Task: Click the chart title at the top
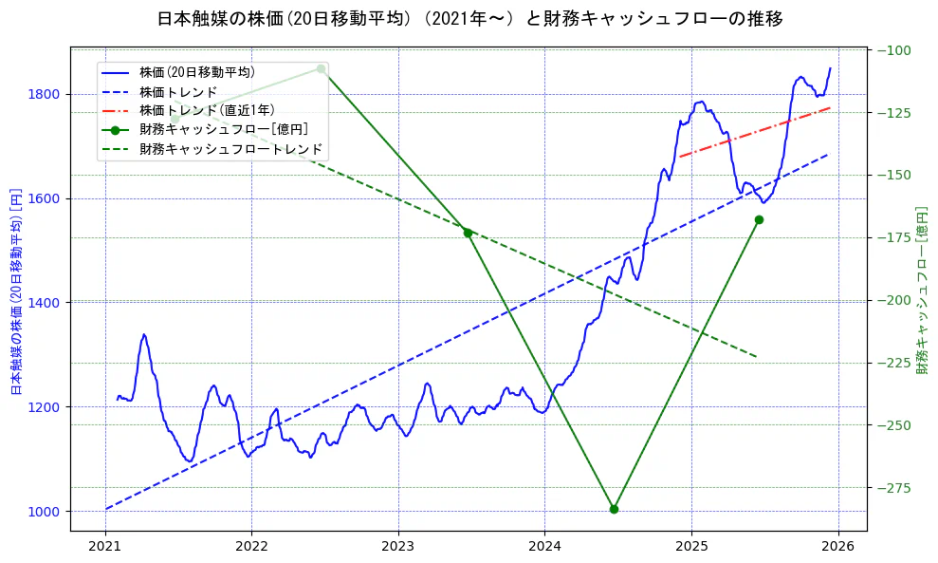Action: (469, 18)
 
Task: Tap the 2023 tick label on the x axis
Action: (397, 548)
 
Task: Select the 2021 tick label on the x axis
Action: (105, 548)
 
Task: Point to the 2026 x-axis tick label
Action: (837, 548)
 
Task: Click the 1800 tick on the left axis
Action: (45, 94)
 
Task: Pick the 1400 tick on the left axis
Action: (45, 303)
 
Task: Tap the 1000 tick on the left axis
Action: (45, 512)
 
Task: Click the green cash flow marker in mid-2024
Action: (614, 509)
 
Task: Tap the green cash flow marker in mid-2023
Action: (468, 233)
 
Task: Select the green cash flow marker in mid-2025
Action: (759, 219)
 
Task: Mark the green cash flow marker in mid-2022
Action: (321, 68)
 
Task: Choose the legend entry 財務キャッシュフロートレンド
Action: (230, 149)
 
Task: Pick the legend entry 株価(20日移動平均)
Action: (196, 71)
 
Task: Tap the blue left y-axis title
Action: (16, 290)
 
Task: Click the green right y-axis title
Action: (922, 290)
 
